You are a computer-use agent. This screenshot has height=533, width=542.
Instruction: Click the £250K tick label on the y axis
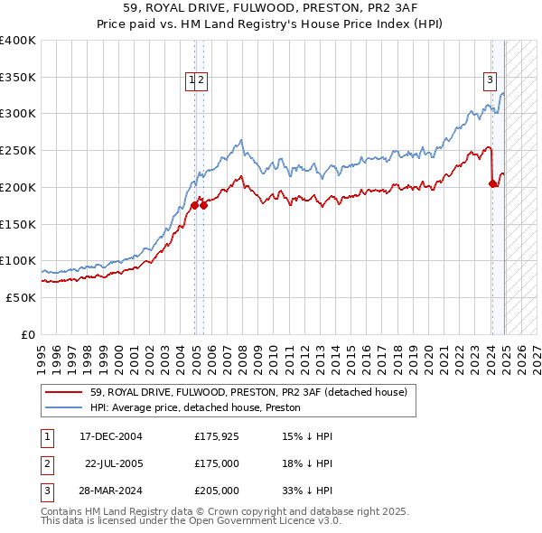pyautogui.click(x=18, y=150)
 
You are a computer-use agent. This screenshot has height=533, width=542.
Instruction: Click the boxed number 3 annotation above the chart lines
pyautogui.click(x=490, y=79)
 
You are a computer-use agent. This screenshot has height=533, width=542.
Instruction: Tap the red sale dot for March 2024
pyautogui.click(x=493, y=183)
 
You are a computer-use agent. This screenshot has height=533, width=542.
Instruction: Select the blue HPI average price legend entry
pyautogui.click(x=195, y=407)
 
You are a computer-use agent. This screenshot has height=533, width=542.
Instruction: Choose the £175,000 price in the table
pyautogui.click(x=217, y=463)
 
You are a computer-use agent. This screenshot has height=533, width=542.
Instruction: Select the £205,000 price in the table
pyautogui.click(x=217, y=491)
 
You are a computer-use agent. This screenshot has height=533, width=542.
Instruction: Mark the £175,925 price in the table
pyautogui.click(x=217, y=436)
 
